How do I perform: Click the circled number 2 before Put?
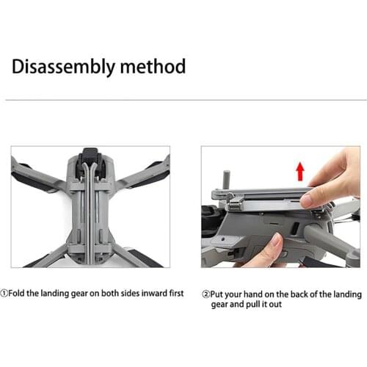[x=206, y=294]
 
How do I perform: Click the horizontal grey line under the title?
[x=183, y=99]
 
